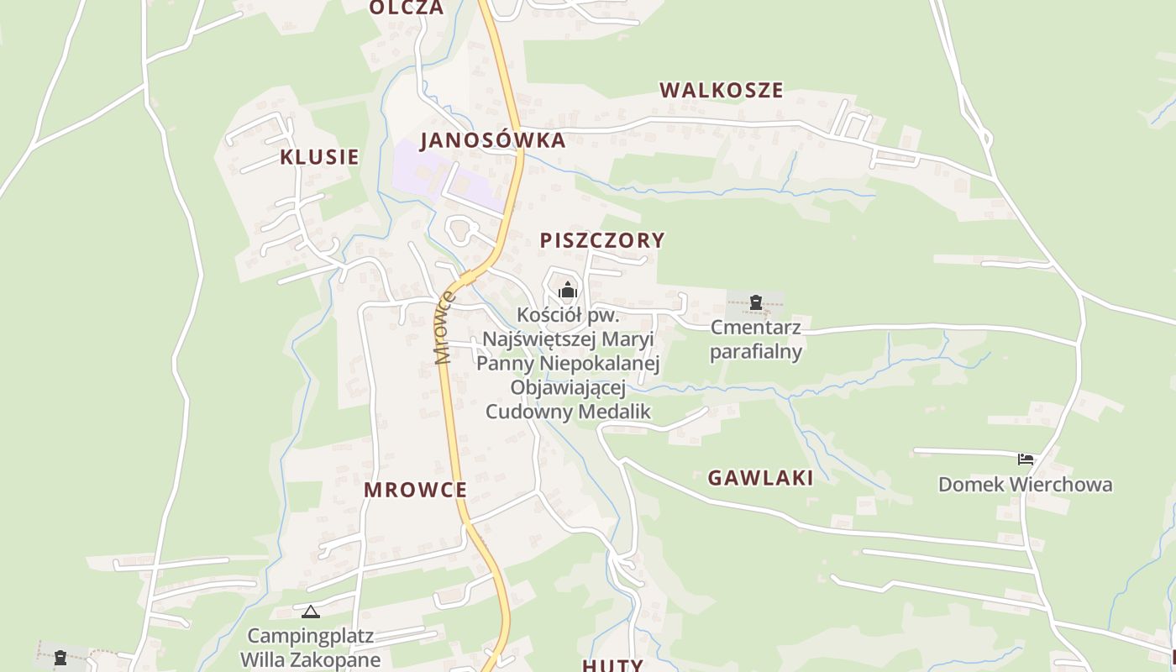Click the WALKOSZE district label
click(x=721, y=90)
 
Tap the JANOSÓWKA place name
click(x=493, y=140)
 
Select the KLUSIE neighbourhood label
click(x=319, y=157)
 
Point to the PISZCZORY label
click(x=602, y=240)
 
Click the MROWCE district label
click(x=415, y=490)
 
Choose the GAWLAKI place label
click(x=760, y=478)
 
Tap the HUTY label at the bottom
click(x=612, y=665)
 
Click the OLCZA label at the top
click(x=407, y=8)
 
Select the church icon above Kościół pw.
click(x=568, y=291)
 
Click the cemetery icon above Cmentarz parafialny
click(x=756, y=302)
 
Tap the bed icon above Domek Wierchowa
click(x=1026, y=459)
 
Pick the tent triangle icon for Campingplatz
click(x=311, y=612)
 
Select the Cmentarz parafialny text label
click(x=755, y=339)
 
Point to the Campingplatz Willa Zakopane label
click(x=311, y=648)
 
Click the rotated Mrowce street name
click(x=444, y=328)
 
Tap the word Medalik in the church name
click(x=611, y=412)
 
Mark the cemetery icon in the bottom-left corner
click(x=60, y=658)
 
